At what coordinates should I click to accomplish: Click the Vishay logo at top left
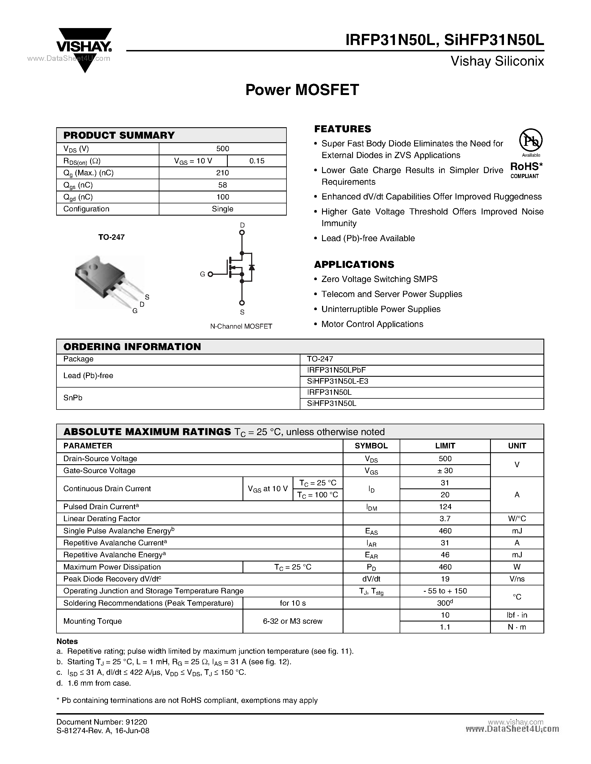(84, 47)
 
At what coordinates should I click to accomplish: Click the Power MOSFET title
(302, 90)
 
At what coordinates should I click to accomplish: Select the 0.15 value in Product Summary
(257, 161)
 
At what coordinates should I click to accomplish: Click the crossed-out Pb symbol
(530, 140)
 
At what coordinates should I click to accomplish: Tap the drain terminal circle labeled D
(242, 232)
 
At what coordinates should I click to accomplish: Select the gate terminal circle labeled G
(211, 274)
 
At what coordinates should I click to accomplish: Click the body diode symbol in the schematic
(251, 268)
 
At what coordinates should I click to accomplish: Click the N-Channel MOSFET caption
(241, 326)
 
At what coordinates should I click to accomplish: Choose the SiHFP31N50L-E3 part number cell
(338, 381)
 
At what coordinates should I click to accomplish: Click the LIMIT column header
(445, 446)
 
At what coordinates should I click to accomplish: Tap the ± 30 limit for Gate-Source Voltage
(445, 471)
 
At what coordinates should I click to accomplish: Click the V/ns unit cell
(517, 579)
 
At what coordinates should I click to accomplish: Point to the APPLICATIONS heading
(354, 264)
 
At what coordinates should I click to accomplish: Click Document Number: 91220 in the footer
(102, 722)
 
